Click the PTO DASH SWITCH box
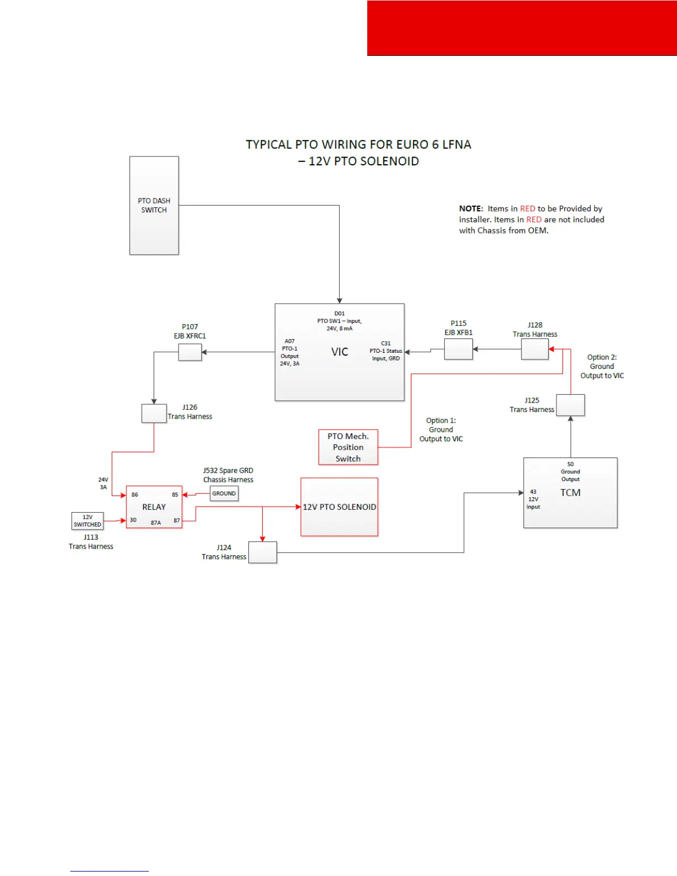pyautogui.click(x=154, y=205)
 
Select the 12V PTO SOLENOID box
pyautogui.click(x=339, y=507)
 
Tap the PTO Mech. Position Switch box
pyautogui.click(x=348, y=447)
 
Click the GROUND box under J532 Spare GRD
pyautogui.click(x=224, y=493)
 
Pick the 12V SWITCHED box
pyautogui.click(x=87, y=521)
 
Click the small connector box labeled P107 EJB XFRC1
pyautogui.click(x=190, y=352)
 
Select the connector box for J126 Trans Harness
pyautogui.click(x=154, y=414)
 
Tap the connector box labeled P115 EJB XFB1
pyautogui.click(x=459, y=349)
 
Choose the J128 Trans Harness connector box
pyautogui.click(x=534, y=349)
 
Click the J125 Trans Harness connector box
pyautogui.click(x=570, y=405)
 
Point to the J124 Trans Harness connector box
pyautogui.click(x=263, y=552)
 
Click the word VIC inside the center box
pyautogui.click(x=340, y=352)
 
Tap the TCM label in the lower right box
pyautogui.click(x=570, y=493)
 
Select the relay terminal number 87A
pyautogui.click(x=156, y=523)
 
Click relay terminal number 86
pyautogui.click(x=135, y=494)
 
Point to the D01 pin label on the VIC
pyautogui.click(x=339, y=314)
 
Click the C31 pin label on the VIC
pyautogui.click(x=386, y=343)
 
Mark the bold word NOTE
pyautogui.click(x=471, y=208)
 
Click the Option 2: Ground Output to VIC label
pyautogui.click(x=602, y=366)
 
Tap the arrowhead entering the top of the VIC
pyautogui.click(x=339, y=300)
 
